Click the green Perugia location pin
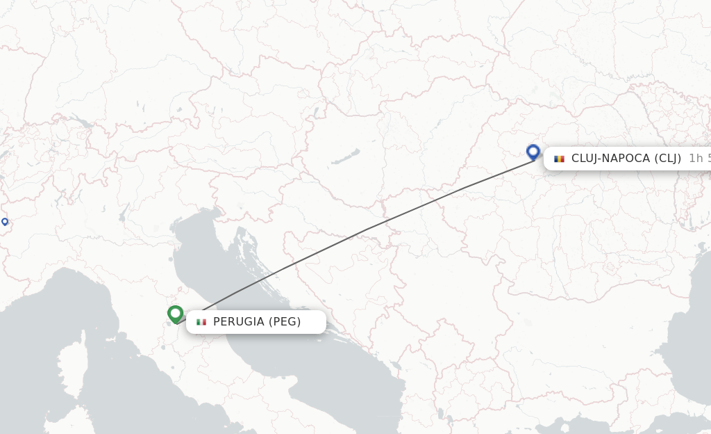(x=175, y=314)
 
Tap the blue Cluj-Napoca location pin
(x=533, y=151)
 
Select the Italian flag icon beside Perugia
(x=201, y=322)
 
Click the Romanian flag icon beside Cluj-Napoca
(x=559, y=159)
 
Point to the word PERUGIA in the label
(x=238, y=322)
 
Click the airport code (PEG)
(x=285, y=322)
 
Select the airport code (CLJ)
(x=668, y=159)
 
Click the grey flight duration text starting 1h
(x=699, y=159)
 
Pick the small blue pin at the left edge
(x=5, y=221)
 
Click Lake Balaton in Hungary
(x=345, y=156)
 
